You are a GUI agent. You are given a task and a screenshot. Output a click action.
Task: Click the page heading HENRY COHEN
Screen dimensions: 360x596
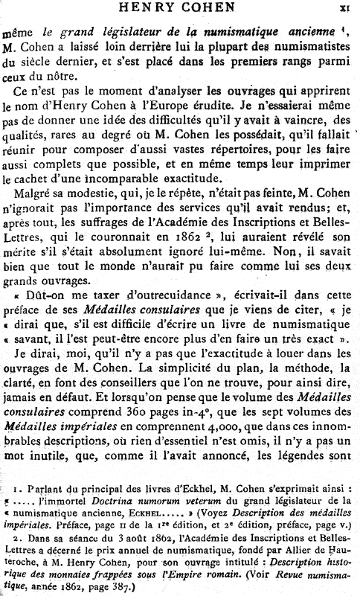tap(180, 9)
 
